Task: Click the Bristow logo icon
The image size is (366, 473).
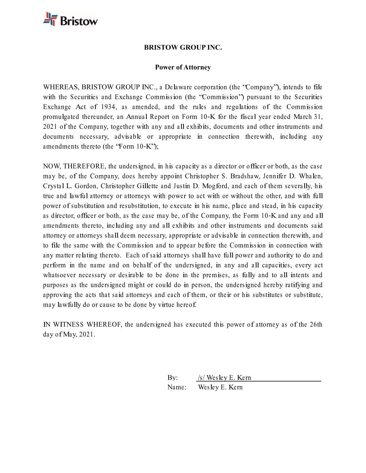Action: click(50, 19)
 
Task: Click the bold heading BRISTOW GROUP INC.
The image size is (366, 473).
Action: click(183, 47)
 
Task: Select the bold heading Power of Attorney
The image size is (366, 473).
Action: click(183, 67)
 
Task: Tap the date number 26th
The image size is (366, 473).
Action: click(316, 325)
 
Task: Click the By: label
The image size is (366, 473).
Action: click(172, 378)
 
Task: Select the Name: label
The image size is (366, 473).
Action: click(177, 387)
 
